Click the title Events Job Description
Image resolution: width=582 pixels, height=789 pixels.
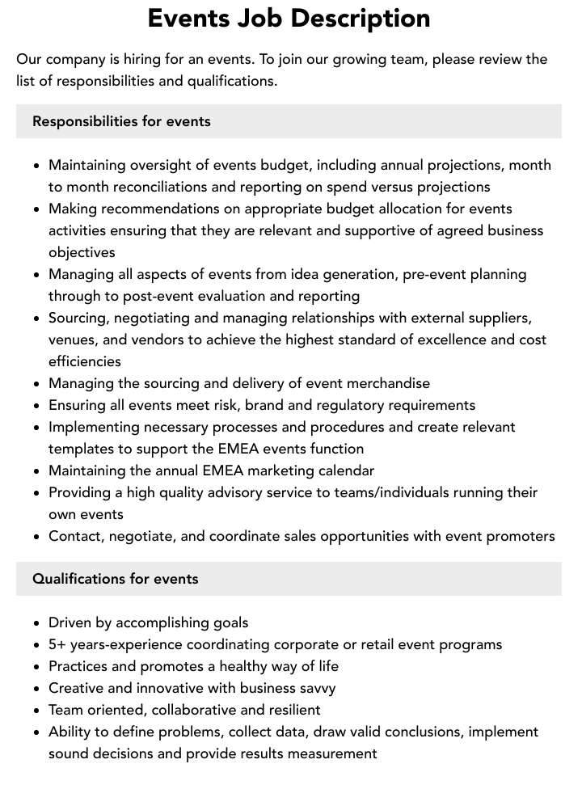(289, 18)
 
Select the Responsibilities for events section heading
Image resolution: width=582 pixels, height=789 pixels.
(121, 121)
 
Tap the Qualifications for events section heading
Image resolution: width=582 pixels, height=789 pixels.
(115, 579)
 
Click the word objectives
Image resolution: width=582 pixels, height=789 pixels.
(82, 252)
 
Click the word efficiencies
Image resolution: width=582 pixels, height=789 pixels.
(85, 361)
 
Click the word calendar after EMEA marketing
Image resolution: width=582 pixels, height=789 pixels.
(343, 470)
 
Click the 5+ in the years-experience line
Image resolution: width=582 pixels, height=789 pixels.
(57, 644)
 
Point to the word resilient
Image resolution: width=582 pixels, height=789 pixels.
(290, 710)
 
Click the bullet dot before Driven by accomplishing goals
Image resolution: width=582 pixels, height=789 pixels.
(37, 623)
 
